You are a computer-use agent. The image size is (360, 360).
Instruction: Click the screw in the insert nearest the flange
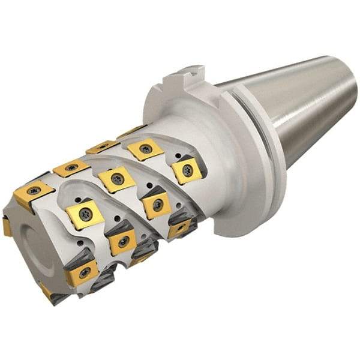(187, 170)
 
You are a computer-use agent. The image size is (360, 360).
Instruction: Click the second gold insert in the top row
(71, 169)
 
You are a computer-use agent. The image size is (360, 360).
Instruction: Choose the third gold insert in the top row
(101, 147)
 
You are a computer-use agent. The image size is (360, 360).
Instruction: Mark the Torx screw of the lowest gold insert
(83, 273)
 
